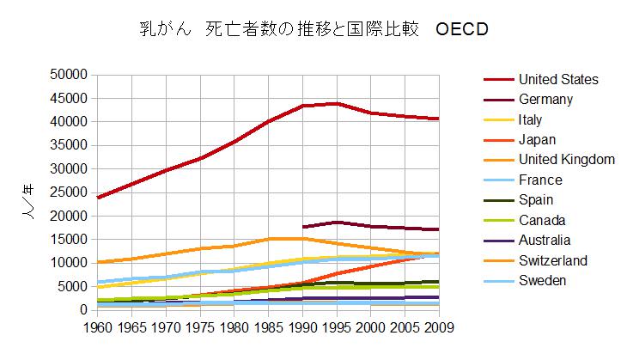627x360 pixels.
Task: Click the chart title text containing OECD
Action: (x=313, y=30)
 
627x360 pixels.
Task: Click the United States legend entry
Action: (x=558, y=80)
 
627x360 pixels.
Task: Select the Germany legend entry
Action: (x=545, y=100)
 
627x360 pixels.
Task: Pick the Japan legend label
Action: (x=538, y=140)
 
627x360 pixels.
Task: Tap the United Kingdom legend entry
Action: (x=566, y=160)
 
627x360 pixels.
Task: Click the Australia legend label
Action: (x=544, y=241)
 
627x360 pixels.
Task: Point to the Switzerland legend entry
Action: (x=552, y=260)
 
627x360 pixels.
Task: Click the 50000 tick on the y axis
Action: (x=67, y=75)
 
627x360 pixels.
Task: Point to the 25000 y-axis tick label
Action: (x=67, y=192)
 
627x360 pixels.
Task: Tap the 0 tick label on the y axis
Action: (x=82, y=309)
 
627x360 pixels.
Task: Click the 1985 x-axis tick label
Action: (x=268, y=326)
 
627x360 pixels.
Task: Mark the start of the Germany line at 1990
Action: (x=303, y=227)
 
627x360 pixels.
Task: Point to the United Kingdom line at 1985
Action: (x=269, y=239)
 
